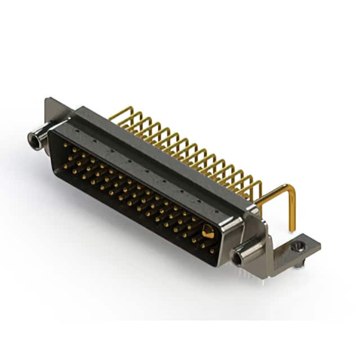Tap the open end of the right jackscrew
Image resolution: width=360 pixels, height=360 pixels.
point(238,258)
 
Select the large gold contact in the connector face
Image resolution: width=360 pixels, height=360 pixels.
point(208,231)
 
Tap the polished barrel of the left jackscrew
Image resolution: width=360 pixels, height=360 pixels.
point(40,137)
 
